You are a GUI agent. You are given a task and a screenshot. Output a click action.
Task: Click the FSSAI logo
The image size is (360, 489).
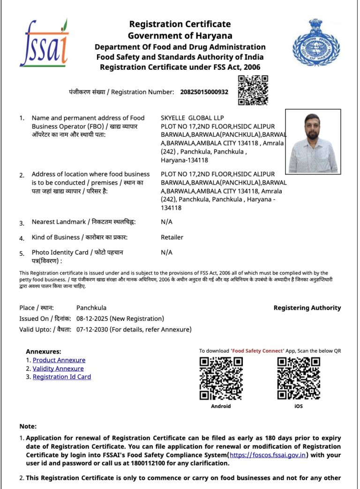[x=44, y=43]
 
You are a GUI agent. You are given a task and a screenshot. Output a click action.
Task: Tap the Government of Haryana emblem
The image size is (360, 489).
[x=315, y=43]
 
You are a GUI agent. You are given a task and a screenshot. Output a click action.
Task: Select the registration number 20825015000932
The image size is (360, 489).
[x=204, y=92]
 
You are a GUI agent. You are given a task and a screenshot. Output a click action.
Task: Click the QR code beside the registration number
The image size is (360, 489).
[x=253, y=90]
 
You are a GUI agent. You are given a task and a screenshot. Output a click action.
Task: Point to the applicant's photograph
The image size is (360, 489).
[x=313, y=141]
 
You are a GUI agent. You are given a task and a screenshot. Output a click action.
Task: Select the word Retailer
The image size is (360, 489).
[x=172, y=237]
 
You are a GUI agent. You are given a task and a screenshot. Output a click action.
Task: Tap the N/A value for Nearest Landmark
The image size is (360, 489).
[x=166, y=222]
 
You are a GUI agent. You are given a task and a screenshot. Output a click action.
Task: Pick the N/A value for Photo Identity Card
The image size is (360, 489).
[x=166, y=252]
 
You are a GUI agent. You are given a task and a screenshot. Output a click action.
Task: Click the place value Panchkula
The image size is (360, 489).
[x=91, y=308]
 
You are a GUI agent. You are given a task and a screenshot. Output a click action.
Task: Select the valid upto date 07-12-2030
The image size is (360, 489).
[x=92, y=330]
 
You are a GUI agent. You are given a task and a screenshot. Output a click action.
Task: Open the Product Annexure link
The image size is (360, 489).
[x=59, y=360]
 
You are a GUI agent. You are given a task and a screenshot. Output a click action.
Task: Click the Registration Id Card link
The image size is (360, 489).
[x=62, y=377]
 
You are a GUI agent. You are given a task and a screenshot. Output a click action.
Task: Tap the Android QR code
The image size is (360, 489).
[x=221, y=378]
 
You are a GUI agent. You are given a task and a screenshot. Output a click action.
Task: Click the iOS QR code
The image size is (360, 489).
[x=299, y=378]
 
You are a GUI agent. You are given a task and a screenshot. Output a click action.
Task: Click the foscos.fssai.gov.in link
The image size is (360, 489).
[x=268, y=455]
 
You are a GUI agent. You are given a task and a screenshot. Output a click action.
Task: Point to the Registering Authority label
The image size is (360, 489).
[x=307, y=308]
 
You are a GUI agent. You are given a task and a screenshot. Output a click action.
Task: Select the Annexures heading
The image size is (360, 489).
[x=44, y=352]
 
